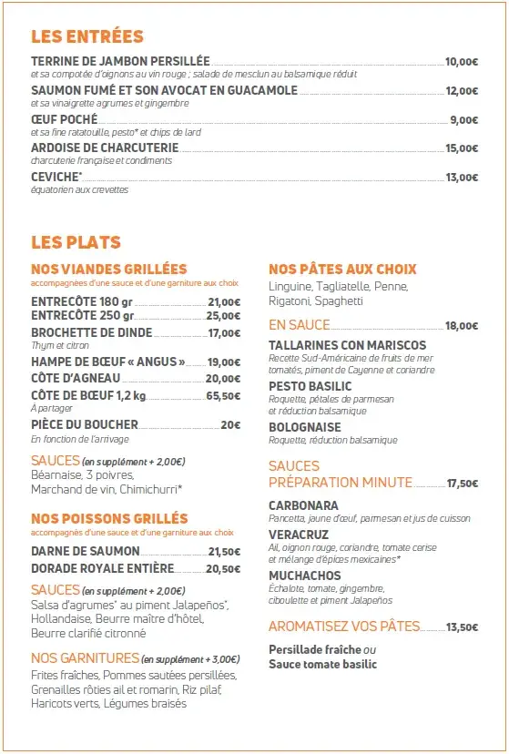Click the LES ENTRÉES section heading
(x=87, y=37)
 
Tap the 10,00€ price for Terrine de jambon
(x=461, y=62)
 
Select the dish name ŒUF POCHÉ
(x=64, y=119)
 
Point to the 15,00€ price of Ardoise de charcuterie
(x=461, y=148)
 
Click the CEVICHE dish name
(x=56, y=177)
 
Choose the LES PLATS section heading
(x=76, y=243)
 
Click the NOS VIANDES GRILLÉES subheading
(x=108, y=270)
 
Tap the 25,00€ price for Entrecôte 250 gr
(x=223, y=316)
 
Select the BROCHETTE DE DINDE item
(x=91, y=333)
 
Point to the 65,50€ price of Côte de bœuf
(x=223, y=396)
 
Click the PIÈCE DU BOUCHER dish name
(x=85, y=424)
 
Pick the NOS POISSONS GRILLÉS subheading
(x=109, y=519)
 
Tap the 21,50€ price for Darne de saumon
(x=224, y=552)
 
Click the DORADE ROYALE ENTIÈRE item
(x=102, y=569)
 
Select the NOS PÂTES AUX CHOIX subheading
(x=342, y=270)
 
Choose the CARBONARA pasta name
(x=303, y=505)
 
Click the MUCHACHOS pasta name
(x=305, y=576)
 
